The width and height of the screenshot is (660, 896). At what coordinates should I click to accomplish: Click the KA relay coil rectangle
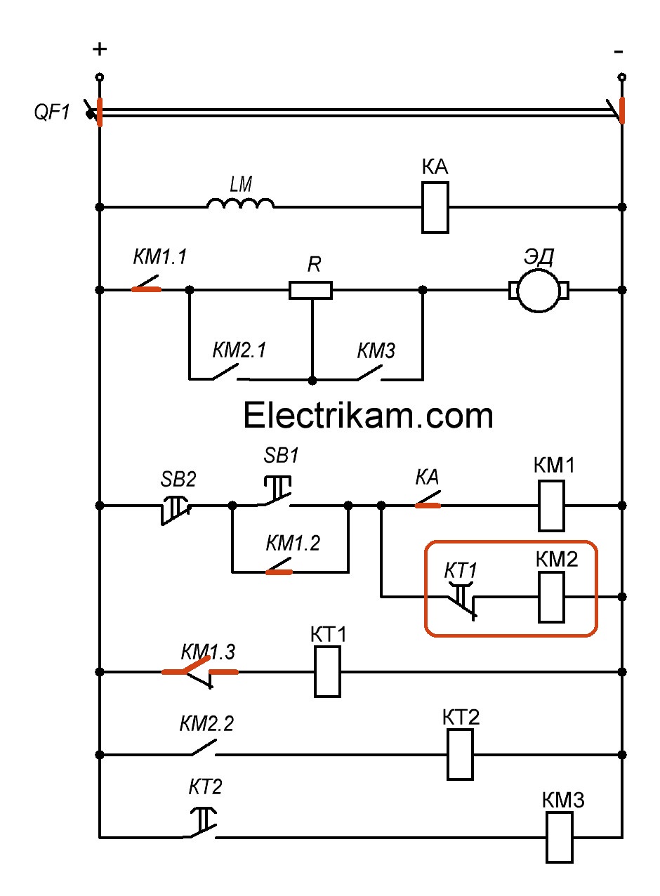[x=435, y=207]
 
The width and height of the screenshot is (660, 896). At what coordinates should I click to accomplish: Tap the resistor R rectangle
[x=310, y=289]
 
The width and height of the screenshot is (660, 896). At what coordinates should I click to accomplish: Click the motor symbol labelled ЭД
[x=539, y=289]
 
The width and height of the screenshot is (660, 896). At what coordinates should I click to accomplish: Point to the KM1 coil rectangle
[x=551, y=506]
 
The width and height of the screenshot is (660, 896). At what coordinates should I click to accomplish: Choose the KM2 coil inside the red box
[x=551, y=597]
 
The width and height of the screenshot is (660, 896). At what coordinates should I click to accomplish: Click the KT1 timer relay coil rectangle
[x=327, y=672]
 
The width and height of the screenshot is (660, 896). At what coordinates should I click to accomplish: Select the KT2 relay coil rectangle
[x=461, y=754]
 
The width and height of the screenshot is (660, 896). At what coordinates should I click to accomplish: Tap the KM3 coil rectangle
[x=560, y=837]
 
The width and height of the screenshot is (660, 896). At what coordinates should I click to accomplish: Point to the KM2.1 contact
[x=225, y=372]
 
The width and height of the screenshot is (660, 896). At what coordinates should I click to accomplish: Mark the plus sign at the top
[x=100, y=49]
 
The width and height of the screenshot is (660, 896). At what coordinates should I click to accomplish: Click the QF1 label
[x=53, y=112]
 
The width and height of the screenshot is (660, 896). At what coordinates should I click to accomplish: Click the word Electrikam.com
[x=368, y=416]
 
